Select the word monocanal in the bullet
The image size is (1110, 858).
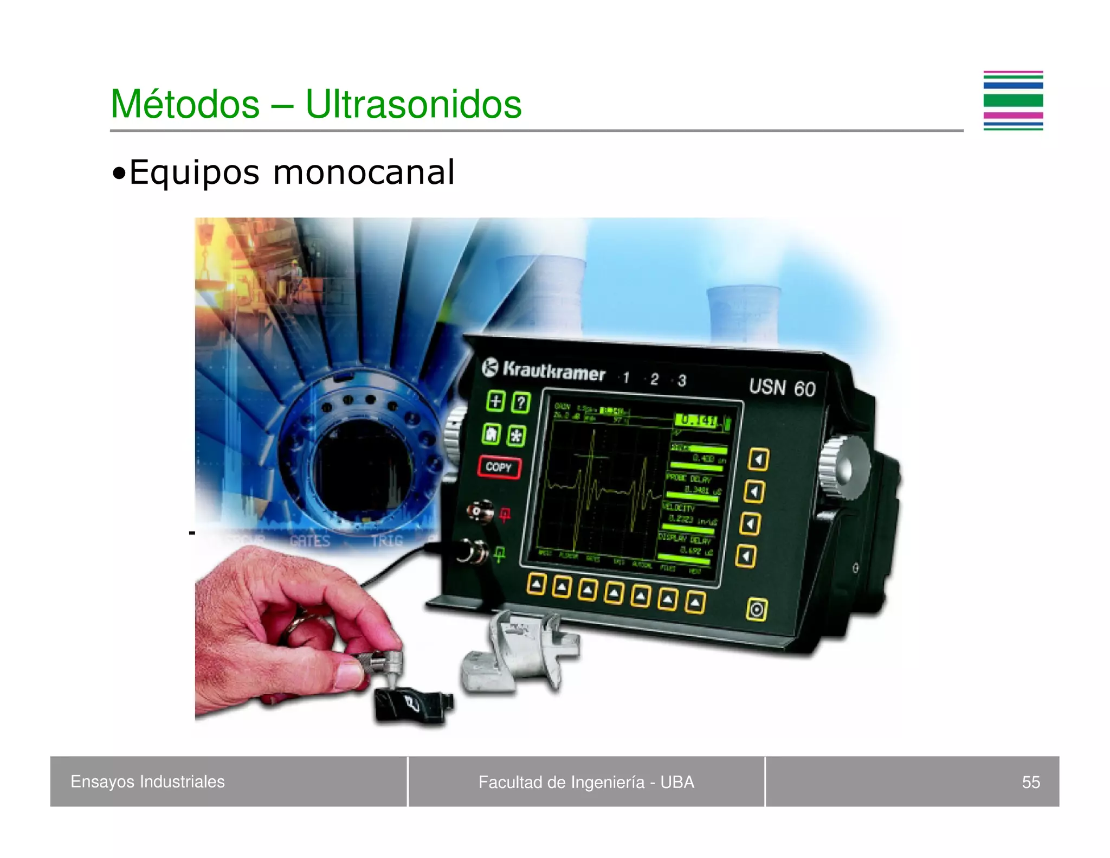(x=364, y=172)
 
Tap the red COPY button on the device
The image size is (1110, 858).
(x=499, y=467)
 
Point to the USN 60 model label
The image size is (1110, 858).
(x=782, y=388)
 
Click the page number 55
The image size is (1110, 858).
(x=1030, y=782)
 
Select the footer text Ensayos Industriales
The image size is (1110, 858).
(x=147, y=782)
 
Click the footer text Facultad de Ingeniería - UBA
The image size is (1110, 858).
(x=586, y=782)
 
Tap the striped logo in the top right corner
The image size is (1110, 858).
(x=1013, y=101)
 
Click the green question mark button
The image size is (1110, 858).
(x=521, y=402)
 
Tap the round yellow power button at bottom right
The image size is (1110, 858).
(x=757, y=610)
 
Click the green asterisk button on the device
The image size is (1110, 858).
(x=517, y=436)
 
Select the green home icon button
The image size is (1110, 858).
(x=492, y=434)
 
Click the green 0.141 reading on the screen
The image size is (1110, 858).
(x=698, y=420)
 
